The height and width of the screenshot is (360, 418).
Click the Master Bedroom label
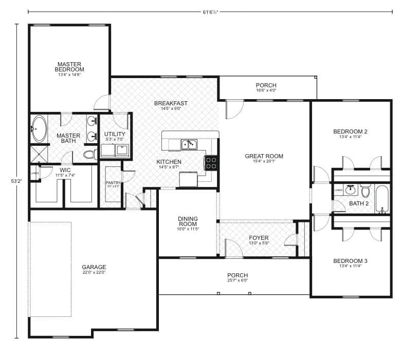pyautogui.click(x=70, y=67)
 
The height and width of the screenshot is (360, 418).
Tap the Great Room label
pyautogui.click(x=264, y=156)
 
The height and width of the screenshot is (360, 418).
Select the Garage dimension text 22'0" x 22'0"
pyautogui.click(x=94, y=273)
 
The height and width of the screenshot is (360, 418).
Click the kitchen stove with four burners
pyautogui.click(x=211, y=163)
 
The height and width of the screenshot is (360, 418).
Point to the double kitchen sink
pyautogui.click(x=188, y=145)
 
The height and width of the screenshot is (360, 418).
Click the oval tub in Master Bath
pyautogui.click(x=39, y=128)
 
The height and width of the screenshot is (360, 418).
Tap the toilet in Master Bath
pyautogui.click(x=90, y=154)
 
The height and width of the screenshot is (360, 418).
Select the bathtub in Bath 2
pyautogui.click(x=381, y=199)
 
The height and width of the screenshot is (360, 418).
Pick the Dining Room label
pyautogui.click(x=188, y=221)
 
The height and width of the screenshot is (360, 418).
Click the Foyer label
pyautogui.click(x=258, y=238)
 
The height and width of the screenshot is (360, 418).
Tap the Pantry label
pyautogui.click(x=113, y=183)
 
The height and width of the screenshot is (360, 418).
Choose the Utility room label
pyautogui.click(x=115, y=134)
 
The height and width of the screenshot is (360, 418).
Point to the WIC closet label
pyautogui.click(x=65, y=169)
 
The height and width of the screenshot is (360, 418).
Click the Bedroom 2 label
pyautogui.click(x=350, y=131)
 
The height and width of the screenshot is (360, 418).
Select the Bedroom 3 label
pyautogui.click(x=350, y=260)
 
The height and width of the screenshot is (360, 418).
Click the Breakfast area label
pyautogui.click(x=171, y=103)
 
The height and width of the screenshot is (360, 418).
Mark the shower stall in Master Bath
pyautogui.click(x=39, y=154)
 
